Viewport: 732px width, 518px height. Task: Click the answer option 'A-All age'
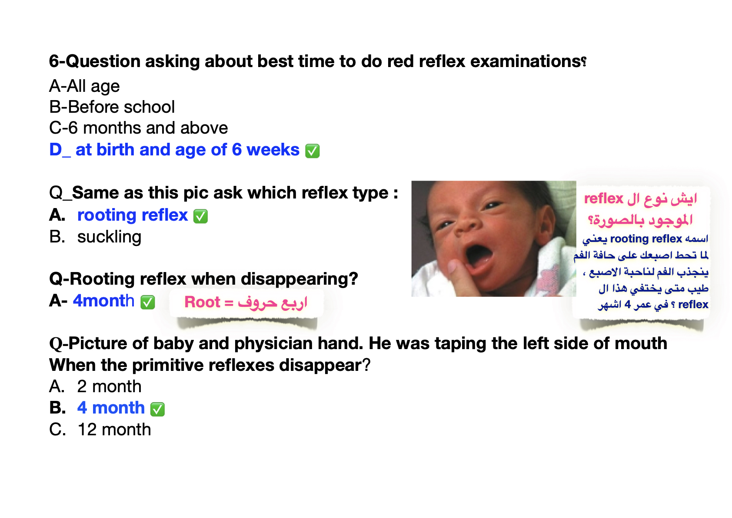pos(84,86)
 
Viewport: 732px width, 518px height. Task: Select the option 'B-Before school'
pos(112,107)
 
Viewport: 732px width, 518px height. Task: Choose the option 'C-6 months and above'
pos(139,128)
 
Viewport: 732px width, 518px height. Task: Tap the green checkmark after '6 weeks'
pos(312,151)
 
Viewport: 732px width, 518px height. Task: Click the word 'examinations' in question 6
pos(526,61)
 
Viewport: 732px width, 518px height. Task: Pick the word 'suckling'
pos(109,237)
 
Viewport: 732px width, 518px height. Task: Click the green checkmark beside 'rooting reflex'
pos(200,216)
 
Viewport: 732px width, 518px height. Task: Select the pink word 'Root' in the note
pos(202,302)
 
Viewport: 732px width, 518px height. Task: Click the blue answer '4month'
pos(103,301)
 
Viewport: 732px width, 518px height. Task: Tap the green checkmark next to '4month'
pos(147,302)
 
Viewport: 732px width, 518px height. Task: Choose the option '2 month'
pos(109,387)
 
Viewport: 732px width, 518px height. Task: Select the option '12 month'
pos(114,430)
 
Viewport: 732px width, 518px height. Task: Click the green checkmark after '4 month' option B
pos(157,409)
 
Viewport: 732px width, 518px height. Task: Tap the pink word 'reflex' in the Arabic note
pos(604,198)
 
